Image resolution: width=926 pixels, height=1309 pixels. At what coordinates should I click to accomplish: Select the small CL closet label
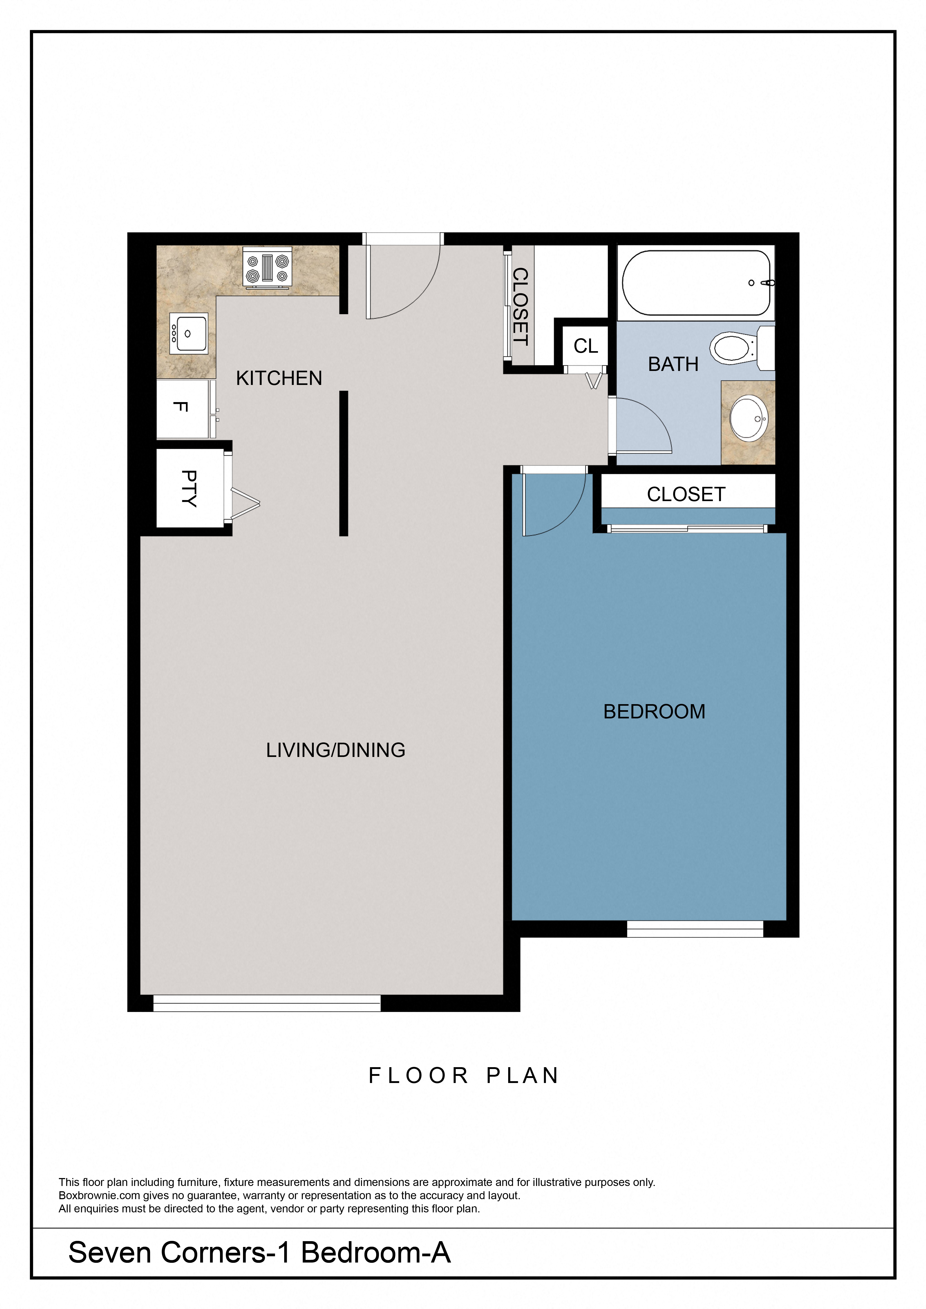(586, 346)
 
